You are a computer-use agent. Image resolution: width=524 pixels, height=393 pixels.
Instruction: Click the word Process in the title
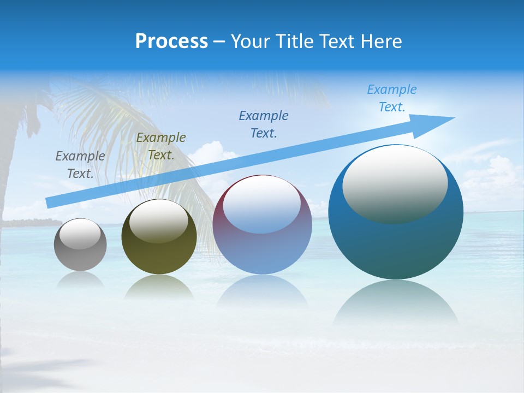(x=171, y=41)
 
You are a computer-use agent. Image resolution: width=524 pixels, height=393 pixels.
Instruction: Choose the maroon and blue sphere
(x=262, y=251)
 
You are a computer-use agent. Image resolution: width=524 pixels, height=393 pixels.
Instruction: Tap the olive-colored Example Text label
(x=160, y=146)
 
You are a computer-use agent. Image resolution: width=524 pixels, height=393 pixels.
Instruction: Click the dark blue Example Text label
(x=264, y=124)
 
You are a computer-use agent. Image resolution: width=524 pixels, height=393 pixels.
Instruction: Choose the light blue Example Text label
(x=391, y=98)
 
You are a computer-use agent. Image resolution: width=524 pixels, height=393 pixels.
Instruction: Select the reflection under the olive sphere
(x=158, y=287)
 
